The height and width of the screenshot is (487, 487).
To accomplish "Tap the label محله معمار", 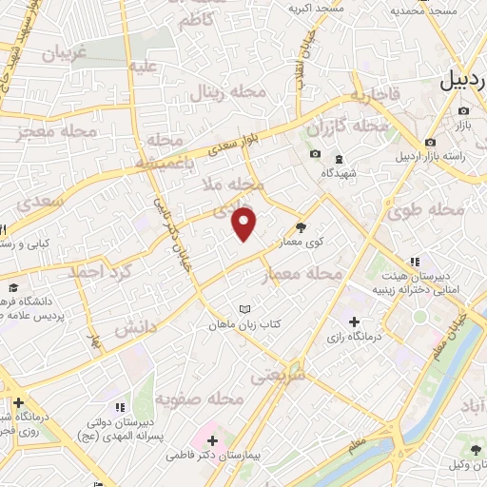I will (x=300, y=274).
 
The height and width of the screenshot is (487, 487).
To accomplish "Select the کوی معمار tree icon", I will (x=302, y=226).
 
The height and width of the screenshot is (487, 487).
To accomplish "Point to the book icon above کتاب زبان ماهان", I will (x=246, y=309).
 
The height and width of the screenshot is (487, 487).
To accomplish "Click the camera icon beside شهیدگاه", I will (x=315, y=154).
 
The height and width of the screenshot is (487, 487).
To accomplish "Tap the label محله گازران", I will (x=349, y=127).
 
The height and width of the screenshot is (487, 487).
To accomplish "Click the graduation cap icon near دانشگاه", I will (x=13, y=287).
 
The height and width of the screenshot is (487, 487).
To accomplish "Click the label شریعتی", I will (x=271, y=375).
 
